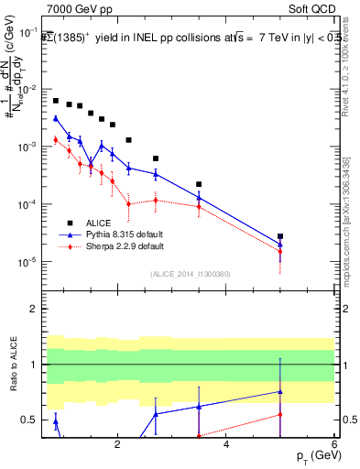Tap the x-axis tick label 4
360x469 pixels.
pos(226,446)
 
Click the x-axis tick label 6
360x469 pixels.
pos(334,446)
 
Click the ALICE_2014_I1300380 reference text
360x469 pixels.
pos(190,274)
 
